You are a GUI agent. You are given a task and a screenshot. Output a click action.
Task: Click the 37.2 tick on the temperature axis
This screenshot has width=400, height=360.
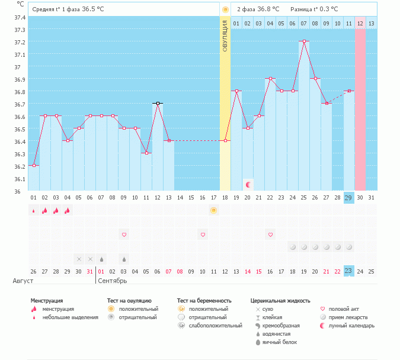20,42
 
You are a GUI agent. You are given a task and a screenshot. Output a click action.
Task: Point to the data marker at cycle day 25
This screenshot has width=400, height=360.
304,41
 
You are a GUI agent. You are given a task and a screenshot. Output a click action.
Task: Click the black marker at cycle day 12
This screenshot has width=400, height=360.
158,103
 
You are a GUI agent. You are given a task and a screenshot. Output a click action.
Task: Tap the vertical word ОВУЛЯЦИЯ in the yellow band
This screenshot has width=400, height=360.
225,36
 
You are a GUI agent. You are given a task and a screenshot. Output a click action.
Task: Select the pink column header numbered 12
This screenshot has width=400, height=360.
360,23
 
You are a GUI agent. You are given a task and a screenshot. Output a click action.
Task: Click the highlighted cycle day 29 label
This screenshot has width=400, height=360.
348,197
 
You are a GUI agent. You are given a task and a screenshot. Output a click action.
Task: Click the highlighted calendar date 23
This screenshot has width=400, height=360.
348,271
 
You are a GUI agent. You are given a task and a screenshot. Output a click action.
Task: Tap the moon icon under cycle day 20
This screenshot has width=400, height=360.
248,185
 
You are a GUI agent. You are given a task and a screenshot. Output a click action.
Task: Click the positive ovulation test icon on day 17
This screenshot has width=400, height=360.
214,210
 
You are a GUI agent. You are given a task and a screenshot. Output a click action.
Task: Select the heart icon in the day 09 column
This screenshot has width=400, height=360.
124,234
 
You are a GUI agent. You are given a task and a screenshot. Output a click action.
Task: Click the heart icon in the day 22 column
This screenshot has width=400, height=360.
270,234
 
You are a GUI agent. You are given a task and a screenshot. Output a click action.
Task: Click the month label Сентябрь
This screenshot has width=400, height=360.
113,280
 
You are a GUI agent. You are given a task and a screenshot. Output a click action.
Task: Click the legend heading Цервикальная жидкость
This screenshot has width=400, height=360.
280,301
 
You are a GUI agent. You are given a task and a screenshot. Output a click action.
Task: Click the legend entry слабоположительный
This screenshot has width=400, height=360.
214,326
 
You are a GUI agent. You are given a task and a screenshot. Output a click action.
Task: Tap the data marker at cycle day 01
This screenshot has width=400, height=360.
34,165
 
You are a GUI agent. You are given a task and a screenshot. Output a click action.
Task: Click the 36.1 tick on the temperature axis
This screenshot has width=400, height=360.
20,179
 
